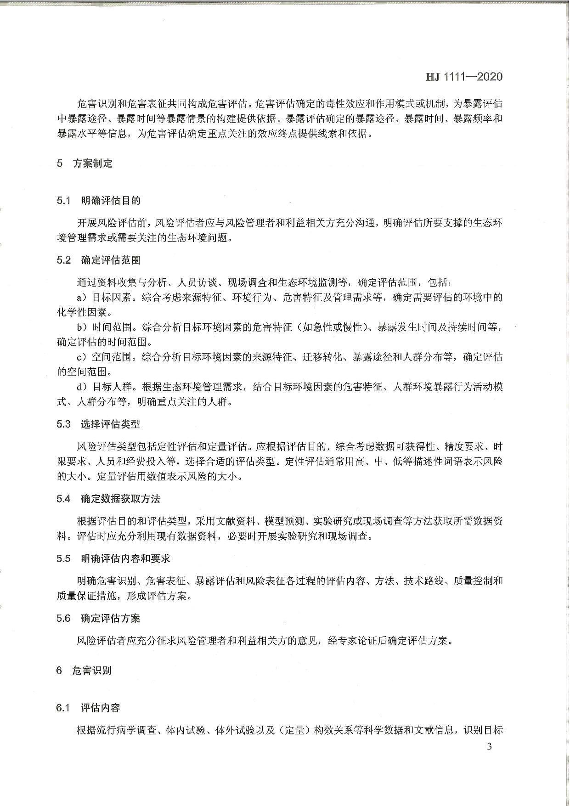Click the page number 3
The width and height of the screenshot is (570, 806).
tap(489, 746)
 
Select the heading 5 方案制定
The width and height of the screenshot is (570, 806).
tap(85, 163)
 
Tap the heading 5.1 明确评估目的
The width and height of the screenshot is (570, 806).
tap(99, 200)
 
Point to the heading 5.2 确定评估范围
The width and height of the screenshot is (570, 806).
tap(99, 260)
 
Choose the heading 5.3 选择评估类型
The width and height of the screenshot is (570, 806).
tap(99, 424)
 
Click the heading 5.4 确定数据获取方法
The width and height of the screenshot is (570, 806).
tap(109, 499)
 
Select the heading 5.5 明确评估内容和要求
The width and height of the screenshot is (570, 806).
tap(113, 558)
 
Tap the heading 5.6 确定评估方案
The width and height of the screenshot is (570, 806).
tap(99, 618)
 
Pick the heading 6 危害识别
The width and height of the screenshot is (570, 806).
tap(84, 670)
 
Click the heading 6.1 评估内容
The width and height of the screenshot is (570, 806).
tap(89, 708)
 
